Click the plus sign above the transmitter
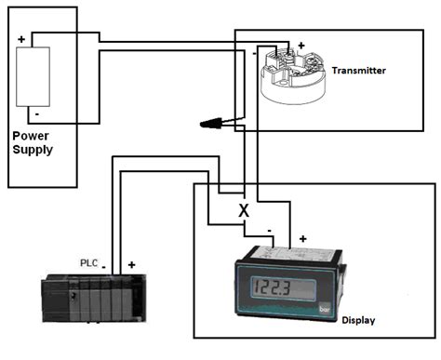[301, 45]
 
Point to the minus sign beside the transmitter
[254, 55]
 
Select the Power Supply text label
[32, 142]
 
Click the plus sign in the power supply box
[20, 40]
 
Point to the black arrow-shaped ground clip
[216, 122]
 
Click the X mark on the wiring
[244, 210]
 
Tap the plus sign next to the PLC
[132, 265]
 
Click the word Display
[359, 320]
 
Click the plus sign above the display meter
[302, 239]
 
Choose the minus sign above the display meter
[269, 229]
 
